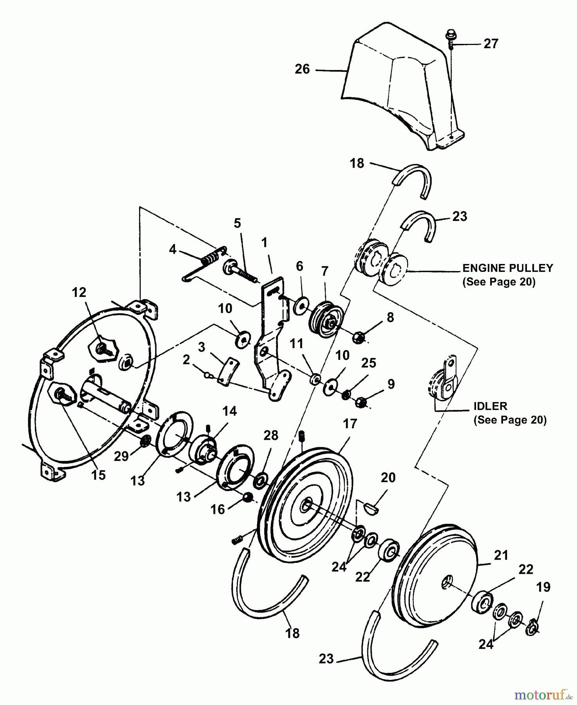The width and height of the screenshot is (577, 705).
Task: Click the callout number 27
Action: (490, 43)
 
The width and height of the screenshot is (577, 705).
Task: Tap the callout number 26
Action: (302, 69)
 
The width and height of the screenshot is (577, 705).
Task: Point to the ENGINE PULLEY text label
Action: (508, 268)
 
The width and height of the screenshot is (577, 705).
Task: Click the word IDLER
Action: (490, 406)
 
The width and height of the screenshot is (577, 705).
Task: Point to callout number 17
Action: (350, 424)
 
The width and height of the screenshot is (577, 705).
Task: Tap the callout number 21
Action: (501, 555)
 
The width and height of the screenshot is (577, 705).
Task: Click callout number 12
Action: (79, 293)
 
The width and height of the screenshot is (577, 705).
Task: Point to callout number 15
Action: (98, 475)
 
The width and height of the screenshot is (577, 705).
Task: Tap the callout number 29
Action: (121, 456)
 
